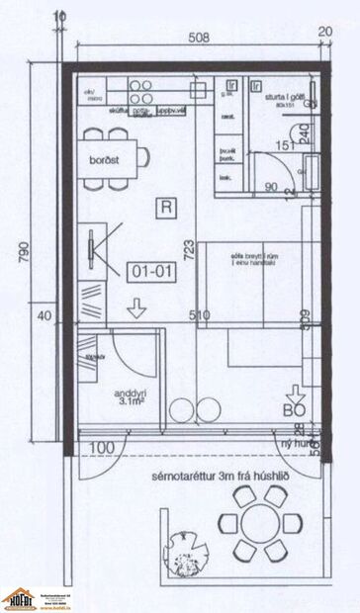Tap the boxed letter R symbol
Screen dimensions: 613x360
click(164, 207)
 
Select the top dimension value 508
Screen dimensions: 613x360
click(201, 40)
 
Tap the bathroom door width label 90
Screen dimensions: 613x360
click(272, 184)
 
